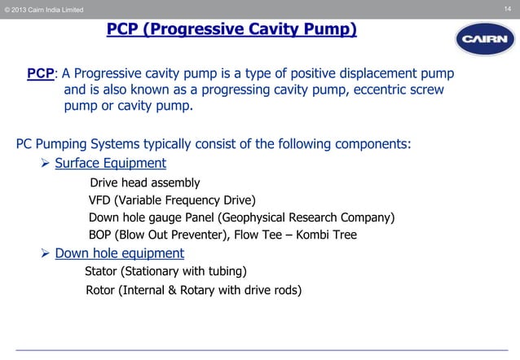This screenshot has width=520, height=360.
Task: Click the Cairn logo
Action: tap(485, 38)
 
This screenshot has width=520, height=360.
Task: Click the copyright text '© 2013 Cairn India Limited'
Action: tap(43, 9)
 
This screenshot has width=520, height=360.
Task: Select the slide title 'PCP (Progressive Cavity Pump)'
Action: tap(232, 30)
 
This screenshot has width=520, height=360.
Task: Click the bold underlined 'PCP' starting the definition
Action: tap(40, 74)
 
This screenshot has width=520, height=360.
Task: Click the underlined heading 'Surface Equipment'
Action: tap(110, 163)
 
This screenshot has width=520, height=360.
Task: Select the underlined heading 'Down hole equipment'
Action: tap(119, 252)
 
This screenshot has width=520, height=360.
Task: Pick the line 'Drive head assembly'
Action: tap(144, 182)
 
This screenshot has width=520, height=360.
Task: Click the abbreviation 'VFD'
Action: tap(99, 200)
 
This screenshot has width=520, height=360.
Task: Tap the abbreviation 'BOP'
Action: tap(101, 235)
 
